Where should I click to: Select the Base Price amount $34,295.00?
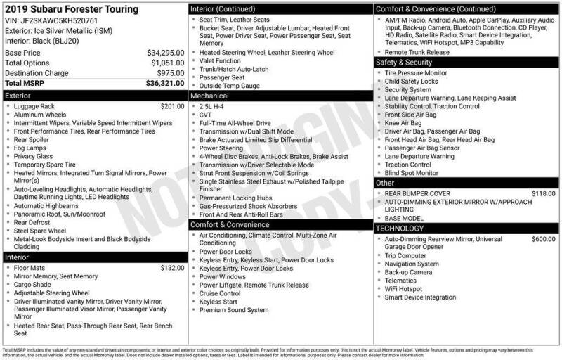click(166, 53)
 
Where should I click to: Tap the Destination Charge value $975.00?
click(171, 72)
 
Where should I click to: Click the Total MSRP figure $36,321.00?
click(166, 82)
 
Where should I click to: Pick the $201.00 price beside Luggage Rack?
click(172, 105)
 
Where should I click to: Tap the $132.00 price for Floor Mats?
click(172, 268)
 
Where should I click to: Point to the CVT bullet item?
click(206, 115)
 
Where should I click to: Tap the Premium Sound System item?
click(233, 310)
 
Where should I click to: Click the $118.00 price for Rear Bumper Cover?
click(544, 193)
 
